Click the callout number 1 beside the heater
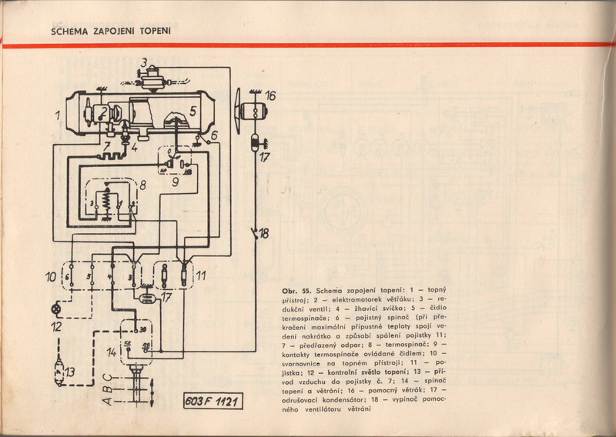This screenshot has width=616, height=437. point(58,115)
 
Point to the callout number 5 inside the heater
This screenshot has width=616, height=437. point(192,111)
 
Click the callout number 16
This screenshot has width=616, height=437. point(270,96)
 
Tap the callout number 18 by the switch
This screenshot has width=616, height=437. point(265,233)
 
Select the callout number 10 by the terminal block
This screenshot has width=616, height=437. point(49,275)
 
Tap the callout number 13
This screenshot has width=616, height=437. point(70,372)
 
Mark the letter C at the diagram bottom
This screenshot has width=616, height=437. point(109,377)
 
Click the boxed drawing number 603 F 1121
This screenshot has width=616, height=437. point(210,402)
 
